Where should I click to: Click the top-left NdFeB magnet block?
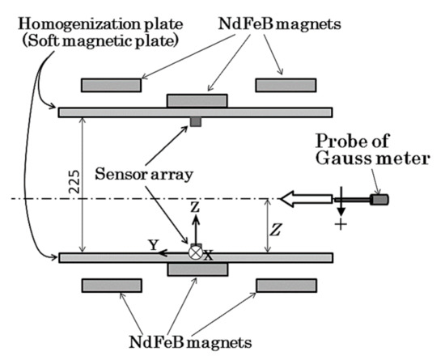point(111,85)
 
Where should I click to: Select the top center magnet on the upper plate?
point(197,100)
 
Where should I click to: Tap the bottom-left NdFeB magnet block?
point(111,284)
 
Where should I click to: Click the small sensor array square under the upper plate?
point(195,122)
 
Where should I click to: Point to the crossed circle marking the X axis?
point(195,252)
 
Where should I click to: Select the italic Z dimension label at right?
point(278,229)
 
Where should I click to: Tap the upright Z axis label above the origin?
point(194,209)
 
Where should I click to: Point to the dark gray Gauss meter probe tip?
point(379,198)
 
